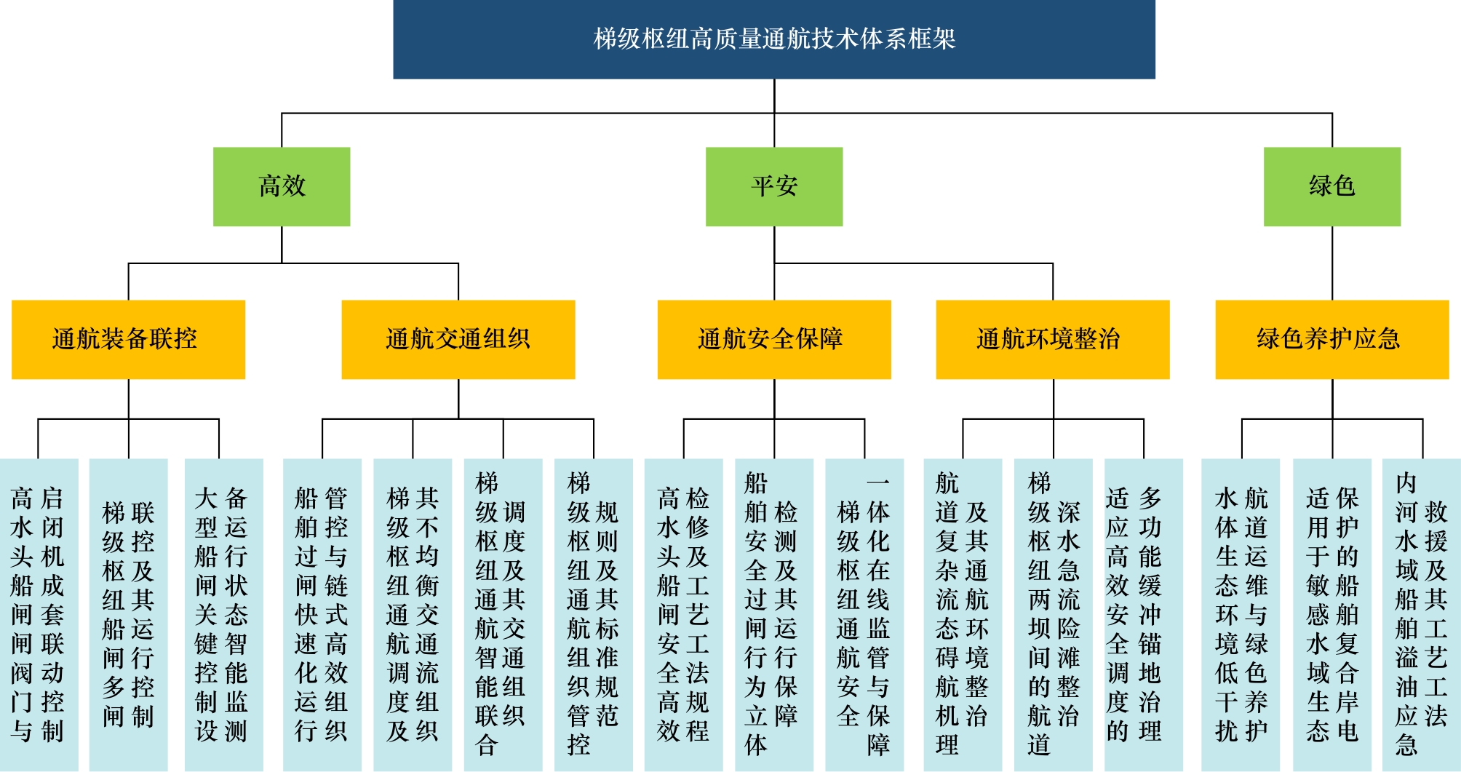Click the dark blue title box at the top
[773, 39]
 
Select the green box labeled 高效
[282, 186]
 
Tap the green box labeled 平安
[774, 186]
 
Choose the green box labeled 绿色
[1331, 186]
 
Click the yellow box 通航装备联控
[128, 339]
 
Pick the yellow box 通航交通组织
[458, 339]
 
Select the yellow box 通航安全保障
[773, 339]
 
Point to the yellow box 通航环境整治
[1052, 339]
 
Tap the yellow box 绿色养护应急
[1331, 339]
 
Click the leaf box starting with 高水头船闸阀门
[39, 614]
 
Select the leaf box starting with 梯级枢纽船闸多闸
[129, 614]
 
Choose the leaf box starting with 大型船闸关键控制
[223, 614]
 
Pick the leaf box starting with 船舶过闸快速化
[322, 614]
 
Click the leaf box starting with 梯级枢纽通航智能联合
[503, 614]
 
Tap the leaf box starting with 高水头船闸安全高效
[683, 614]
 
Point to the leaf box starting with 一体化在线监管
[864, 614]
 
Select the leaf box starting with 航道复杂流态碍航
[963, 614]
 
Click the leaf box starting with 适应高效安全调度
[1143, 614]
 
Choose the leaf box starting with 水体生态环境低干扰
[1241, 614]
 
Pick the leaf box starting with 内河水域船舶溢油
[1421, 614]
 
